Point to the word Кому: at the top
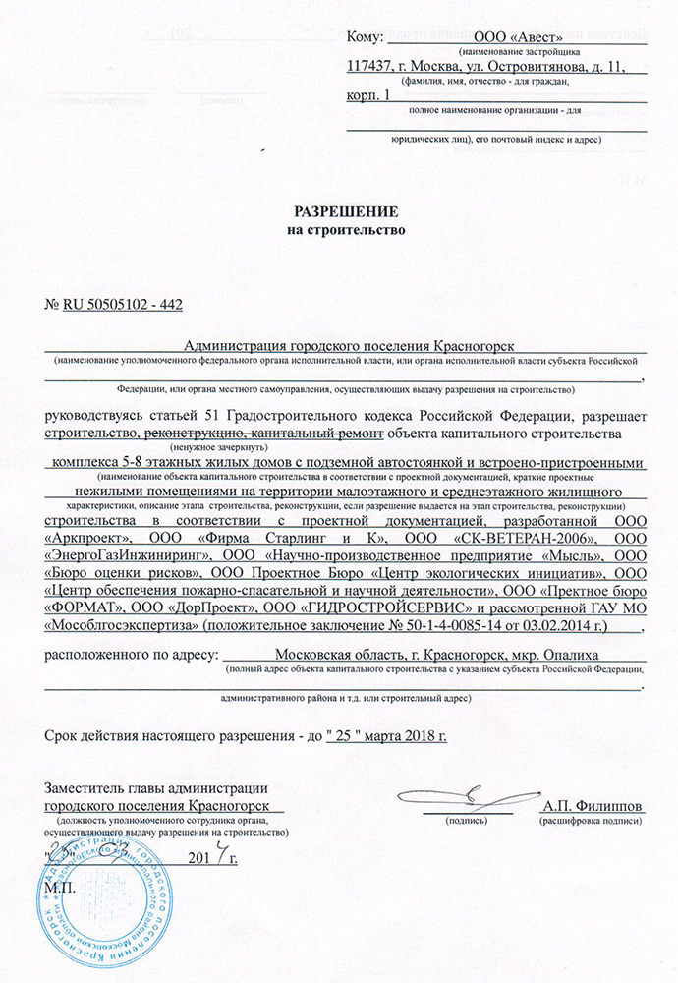(x=364, y=37)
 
